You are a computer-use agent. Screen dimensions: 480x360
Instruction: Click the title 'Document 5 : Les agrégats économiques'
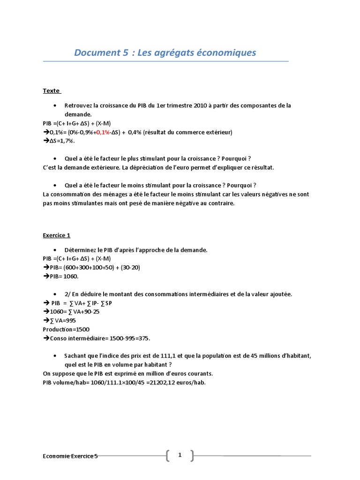click(165, 52)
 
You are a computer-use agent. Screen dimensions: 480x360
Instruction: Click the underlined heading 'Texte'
click(51, 91)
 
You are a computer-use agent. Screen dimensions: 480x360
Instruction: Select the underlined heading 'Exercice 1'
click(56, 235)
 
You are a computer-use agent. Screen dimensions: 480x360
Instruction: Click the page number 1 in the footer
click(180, 455)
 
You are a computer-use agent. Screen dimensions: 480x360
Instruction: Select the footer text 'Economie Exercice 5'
click(70, 456)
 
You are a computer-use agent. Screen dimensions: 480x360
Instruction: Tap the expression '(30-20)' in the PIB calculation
click(128, 268)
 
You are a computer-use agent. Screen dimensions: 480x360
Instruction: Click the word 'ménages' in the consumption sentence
click(105, 194)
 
